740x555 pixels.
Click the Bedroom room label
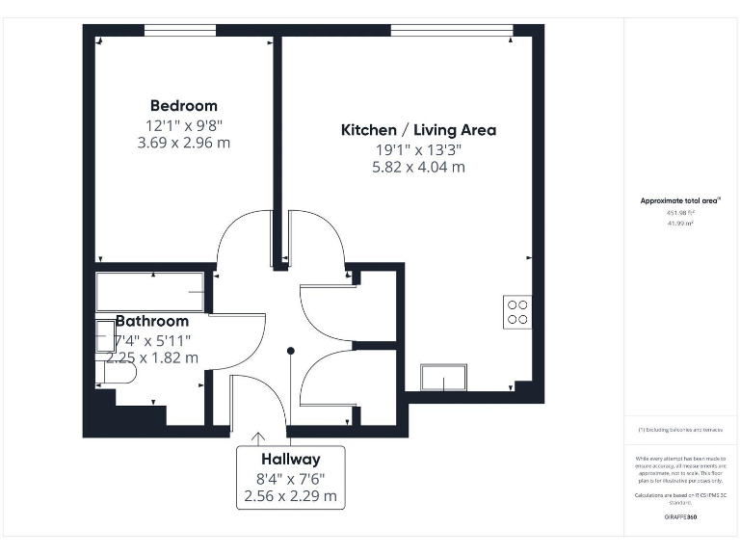pos(183,106)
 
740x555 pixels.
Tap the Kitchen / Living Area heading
pos(419,129)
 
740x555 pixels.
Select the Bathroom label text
pos(152,321)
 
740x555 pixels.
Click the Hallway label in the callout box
pos(290,460)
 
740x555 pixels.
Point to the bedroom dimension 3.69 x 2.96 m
pos(183,143)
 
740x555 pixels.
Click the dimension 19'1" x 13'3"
pos(419,149)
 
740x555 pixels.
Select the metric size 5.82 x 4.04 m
pos(419,167)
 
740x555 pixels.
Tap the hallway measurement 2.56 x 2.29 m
pos(290,496)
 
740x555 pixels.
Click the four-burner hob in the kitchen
pos(517,311)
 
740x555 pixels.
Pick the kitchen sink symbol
pos(443,377)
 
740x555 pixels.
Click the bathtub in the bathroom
pos(150,291)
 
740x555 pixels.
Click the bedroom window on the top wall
pos(180,30)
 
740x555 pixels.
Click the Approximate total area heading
pos(681,200)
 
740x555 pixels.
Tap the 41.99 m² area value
pos(681,223)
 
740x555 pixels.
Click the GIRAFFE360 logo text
pos(681,517)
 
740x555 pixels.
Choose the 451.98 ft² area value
pos(681,213)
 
